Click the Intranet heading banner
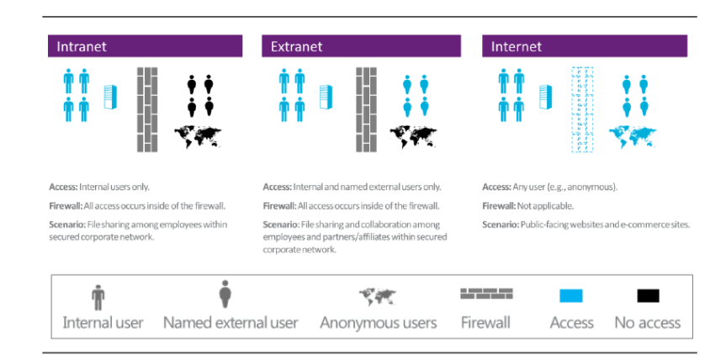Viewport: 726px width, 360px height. [x=145, y=46]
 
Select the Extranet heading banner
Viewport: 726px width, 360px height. [x=361, y=46]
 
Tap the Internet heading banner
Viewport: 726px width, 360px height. [x=585, y=46]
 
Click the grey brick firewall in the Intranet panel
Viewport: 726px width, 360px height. [x=147, y=109]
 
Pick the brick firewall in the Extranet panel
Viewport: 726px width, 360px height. [x=366, y=109]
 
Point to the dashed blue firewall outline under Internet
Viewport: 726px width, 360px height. [x=582, y=109]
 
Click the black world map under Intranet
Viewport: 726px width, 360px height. [x=199, y=135]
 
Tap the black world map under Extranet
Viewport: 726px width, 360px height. [x=415, y=135]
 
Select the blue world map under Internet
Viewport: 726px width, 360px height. [x=633, y=135]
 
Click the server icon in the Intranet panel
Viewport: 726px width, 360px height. [x=109, y=97]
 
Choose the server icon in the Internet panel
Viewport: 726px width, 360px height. [x=546, y=97]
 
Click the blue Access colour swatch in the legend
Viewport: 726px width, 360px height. [x=571, y=296]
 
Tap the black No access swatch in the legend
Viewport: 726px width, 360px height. [x=648, y=296]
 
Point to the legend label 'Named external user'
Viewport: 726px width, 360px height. [x=231, y=323]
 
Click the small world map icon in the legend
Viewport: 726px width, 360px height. [x=378, y=296]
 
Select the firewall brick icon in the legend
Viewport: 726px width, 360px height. [x=486, y=294]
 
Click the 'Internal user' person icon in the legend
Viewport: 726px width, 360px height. [x=99, y=297]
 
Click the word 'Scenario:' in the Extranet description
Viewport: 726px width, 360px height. [x=281, y=225]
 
